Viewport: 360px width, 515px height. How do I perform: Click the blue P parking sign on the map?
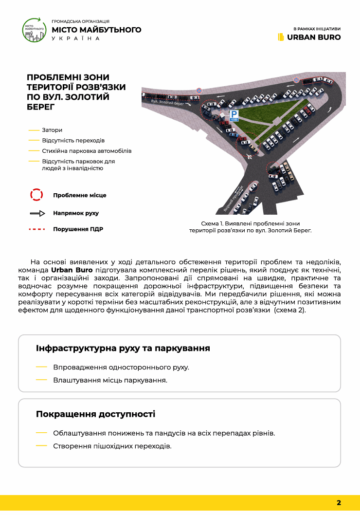click(234, 115)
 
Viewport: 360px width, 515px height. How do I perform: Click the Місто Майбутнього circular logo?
click(35, 30)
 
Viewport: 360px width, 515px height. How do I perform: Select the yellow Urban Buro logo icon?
click(281, 37)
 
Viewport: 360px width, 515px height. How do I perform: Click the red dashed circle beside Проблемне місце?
click(37, 195)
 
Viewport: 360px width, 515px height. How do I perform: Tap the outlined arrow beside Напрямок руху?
click(37, 213)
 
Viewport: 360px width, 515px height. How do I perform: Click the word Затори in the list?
click(52, 130)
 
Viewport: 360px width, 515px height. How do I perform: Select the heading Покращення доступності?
click(95, 414)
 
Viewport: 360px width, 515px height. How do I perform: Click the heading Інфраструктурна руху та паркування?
click(123, 349)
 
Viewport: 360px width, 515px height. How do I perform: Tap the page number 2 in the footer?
click(339, 503)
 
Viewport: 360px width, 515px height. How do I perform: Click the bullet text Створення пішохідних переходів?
click(112, 446)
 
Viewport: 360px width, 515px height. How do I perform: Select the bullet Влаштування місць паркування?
click(110, 380)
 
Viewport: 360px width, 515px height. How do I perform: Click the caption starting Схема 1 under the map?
click(250, 227)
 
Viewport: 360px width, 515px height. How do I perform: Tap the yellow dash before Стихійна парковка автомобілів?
click(34, 151)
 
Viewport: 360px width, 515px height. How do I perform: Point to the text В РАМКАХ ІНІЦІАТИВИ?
click(317, 28)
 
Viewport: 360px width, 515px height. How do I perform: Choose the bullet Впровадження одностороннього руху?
click(121, 367)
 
